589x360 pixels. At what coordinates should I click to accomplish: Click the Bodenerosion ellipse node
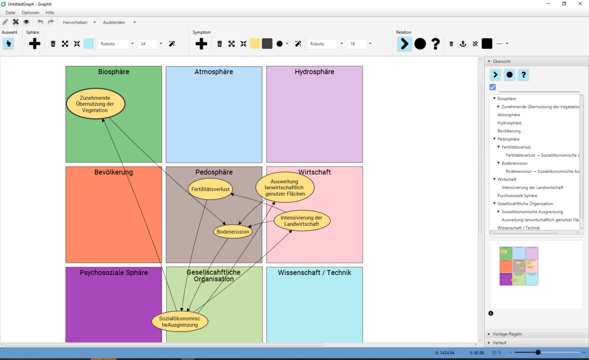(x=233, y=232)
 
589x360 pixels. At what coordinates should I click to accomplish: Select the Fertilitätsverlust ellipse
(x=211, y=189)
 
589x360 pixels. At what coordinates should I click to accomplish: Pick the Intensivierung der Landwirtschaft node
(x=302, y=221)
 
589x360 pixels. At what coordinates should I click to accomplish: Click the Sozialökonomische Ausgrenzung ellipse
(x=180, y=322)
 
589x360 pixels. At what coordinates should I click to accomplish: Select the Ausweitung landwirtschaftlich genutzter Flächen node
(x=285, y=188)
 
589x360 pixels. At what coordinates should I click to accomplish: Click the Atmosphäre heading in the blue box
(x=214, y=72)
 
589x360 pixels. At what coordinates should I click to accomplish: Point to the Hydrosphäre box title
(x=314, y=72)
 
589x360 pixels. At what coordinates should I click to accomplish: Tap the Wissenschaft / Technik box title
(x=314, y=273)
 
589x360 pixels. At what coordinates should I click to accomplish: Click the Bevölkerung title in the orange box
(x=113, y=172)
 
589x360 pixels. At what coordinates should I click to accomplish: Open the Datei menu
(x=10, y=12)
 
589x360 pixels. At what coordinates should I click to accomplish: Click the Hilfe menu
(x=50, y=12)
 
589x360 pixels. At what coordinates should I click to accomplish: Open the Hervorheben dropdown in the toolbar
(x=79, y=22)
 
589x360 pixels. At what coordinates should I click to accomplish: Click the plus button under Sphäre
(x=34, y=44)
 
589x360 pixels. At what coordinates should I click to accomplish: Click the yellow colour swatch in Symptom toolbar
(x=255, y=44)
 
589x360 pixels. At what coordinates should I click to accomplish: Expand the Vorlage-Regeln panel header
(x=507, y=334)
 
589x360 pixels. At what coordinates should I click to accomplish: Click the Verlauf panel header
(x=499, y=342)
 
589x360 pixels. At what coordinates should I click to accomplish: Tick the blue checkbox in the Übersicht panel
(x=493, y=87)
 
